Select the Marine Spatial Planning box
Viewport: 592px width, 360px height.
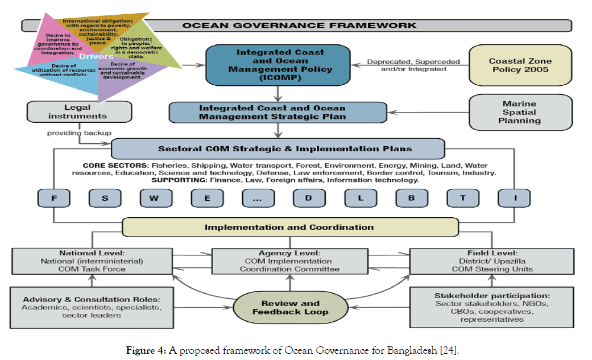click(x=521, y=112)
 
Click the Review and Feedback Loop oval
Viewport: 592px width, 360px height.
click(x=290, y=308)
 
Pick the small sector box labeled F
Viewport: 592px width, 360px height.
click(x=53, y=198)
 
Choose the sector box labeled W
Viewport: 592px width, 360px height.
click(x=156, y=198)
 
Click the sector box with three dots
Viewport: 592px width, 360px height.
click(x=258, y=198)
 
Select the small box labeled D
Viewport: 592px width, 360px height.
click(x=309, y=198)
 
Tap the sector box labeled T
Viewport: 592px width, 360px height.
click(x=463, y=198)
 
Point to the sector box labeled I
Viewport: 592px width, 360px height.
click(x=514, y=198)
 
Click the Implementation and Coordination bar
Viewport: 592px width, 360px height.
click(x=290, y=227)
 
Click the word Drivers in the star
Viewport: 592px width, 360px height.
click(x=93, y=57)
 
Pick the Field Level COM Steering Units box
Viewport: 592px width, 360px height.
click(x=492, y=261)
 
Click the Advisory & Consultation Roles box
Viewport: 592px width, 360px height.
click(x=92, y=308)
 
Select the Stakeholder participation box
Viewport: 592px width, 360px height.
click(x=492, y=308)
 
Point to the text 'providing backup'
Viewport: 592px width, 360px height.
click(x=79, y=133)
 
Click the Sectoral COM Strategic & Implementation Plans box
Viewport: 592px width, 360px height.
click(x=277, y=149)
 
